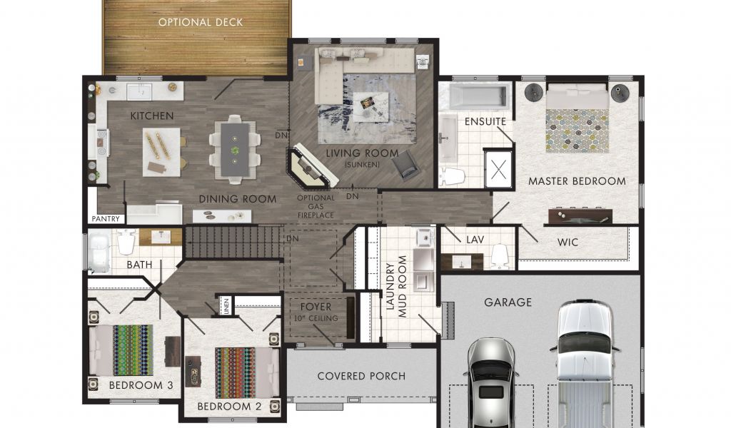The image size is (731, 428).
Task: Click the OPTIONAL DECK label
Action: [201, 22]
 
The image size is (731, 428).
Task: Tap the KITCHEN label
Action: [152, 116]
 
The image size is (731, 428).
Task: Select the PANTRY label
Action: [106, 218]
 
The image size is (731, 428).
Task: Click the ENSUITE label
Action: [485, 121]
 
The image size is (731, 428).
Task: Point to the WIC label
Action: [568, 242]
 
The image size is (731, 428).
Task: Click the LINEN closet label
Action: [226, 306]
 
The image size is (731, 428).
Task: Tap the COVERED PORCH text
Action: [361, 377]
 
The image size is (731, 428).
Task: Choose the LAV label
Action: [475, 240]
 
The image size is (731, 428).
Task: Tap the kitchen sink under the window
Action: [139, 92]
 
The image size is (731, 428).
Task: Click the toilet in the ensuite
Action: [452, 176]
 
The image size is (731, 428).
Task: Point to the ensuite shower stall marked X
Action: [498, 169]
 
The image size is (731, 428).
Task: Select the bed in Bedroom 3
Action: [121, 350]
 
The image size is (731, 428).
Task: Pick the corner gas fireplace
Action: [311, 168]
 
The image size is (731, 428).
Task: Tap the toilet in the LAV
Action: [499, 255]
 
